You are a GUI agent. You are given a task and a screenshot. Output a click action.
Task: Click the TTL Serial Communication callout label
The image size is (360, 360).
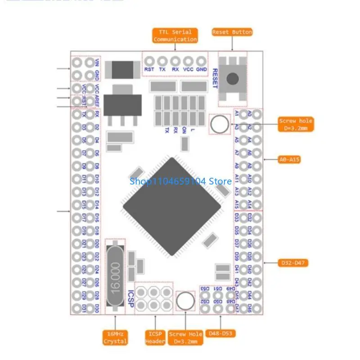[x=175, y=36]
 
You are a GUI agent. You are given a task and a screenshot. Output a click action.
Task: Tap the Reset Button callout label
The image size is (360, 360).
[x=232, y=32]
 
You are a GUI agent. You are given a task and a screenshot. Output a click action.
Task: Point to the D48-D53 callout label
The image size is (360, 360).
[x=221, y=333]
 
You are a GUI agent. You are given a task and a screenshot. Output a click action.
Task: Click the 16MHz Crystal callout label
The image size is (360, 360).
[x=115, y=337]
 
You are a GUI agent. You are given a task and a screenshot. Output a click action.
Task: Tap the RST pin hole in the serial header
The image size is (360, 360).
[x=149, y=61]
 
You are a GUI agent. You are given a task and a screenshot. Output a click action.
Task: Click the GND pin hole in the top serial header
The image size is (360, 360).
[x=201, y=61]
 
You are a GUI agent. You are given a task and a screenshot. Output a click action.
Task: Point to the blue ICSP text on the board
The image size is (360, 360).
[x=131, y=298]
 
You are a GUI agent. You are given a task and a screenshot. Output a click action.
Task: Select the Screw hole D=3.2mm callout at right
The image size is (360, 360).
[x=295, y=125]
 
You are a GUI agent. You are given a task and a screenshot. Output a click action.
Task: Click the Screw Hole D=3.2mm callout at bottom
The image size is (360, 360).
[x=185, y=337]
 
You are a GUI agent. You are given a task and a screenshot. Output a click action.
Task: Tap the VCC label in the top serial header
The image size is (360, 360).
[x=189, y=70]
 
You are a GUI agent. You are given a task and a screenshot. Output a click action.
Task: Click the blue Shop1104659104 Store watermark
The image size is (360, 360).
[x=180, y=181]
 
